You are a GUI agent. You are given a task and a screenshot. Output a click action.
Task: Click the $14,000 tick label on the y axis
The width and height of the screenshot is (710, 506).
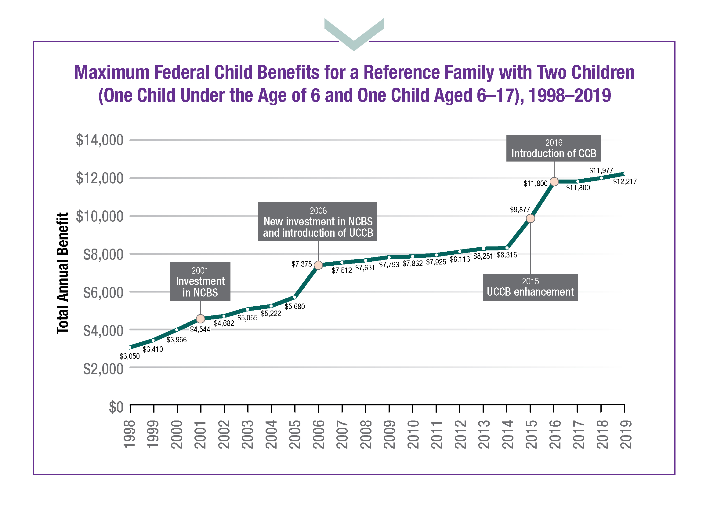tap(100, 140)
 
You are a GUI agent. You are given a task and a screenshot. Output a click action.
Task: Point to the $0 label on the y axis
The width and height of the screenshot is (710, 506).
tap(116, 407)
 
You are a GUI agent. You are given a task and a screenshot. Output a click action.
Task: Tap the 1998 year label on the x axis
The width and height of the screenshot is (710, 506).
tap(129, 434)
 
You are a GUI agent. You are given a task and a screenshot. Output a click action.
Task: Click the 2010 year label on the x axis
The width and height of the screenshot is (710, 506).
tap(413, 434)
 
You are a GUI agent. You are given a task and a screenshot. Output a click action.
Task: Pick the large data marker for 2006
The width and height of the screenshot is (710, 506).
tap(318, 265)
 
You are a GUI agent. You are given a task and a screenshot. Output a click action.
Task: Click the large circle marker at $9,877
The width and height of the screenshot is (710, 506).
tap(531, 219)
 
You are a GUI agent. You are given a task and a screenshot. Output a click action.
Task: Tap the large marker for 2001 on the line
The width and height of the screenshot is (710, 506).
tap(201, 319)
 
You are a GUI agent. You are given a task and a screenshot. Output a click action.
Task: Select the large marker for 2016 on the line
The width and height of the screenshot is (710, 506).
tap(554, 181)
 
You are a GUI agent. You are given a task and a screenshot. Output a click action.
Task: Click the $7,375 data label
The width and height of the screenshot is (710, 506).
tap(302, 264)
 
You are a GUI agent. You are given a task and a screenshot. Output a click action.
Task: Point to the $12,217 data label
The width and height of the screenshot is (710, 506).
tap(625, 182)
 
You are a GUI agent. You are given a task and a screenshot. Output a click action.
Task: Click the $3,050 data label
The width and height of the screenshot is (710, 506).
tap(129, 356)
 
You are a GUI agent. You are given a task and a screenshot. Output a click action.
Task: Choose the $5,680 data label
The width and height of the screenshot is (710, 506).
tap(295, 307)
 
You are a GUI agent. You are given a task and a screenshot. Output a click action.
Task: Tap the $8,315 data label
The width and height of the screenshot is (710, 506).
tap(507, 255)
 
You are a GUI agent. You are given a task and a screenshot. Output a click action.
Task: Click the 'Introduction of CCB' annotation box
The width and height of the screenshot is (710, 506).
tap(554, 148)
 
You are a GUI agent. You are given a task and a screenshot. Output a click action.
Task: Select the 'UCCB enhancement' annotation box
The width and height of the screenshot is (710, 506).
tap(530, 287)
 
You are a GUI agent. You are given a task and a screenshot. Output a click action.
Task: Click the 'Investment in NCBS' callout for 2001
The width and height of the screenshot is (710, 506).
tap(200, 281)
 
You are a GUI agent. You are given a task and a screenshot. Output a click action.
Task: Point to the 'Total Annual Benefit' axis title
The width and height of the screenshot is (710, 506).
tap(63, 273)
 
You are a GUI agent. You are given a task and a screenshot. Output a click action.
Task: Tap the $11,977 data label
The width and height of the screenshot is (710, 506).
tap(601, 171)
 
